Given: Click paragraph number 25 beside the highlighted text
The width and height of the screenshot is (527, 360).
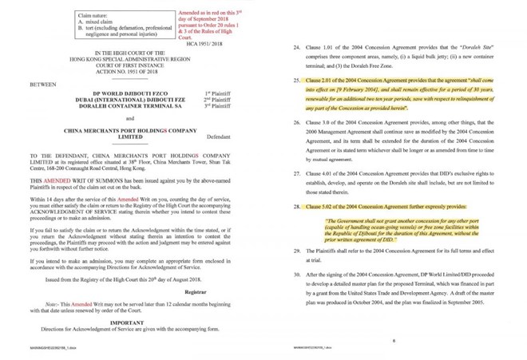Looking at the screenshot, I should coord(297,81).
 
